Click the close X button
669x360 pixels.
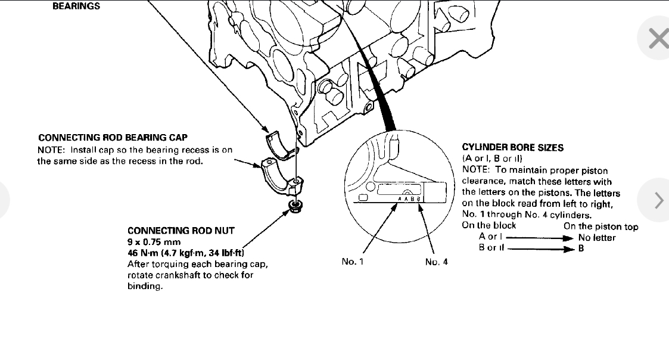pos(658,39)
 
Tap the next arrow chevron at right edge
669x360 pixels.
pos(658,200)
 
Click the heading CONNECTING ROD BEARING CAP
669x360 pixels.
pos(113,138)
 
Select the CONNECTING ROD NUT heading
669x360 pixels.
pos(181,231)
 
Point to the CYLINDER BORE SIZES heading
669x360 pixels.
pos(513,147)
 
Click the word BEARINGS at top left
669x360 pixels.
pos(76,7)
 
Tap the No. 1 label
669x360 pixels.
pos(353,262)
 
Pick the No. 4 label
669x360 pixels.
pos(437,262)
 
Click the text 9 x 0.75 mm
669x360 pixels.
pos(154,242)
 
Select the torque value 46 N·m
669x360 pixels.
pos(143,253)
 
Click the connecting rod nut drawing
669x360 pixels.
pos(293,206)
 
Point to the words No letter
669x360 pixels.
pos(597,238)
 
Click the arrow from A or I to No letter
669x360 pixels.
pos(539,237)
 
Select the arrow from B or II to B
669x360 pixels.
pos(539,249)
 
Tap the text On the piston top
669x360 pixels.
pos(600,226)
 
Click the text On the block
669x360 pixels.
pos(489,225)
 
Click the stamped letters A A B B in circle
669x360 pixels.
pos(410,198)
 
